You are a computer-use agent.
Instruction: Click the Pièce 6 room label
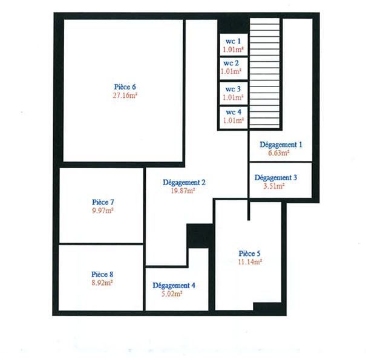click(x=124, y=87)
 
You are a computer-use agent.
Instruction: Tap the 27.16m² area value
click(x=124, y=96)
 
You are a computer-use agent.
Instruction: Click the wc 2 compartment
click(x=232, y=67)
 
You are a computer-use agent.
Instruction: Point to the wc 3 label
click(x=232, y=88)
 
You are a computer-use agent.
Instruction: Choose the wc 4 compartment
click(x=232, y=116)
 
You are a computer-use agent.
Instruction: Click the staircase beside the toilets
click(x=266, y=73)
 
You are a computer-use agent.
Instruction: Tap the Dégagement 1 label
click(x=281, y=145)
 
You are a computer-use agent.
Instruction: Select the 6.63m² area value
click(x=279, y=153)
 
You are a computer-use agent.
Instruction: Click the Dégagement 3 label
click(x=276, y=178)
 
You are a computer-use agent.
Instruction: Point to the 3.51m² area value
click(x=274, y=186)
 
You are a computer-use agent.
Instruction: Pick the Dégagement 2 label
click(x=185, y=182)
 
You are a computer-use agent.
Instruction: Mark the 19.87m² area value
click(x=183, y=191)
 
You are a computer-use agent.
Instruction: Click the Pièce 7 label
click(x=103, y=202)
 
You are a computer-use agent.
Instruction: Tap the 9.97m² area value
click(x=103, y=211)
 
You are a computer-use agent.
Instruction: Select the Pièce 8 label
click(x=103, y=273)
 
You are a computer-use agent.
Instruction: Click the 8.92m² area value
click(x=103, y=282)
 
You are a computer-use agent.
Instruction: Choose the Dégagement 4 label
click(x=174, y=286)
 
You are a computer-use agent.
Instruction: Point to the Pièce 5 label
click(x=250, y=253)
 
